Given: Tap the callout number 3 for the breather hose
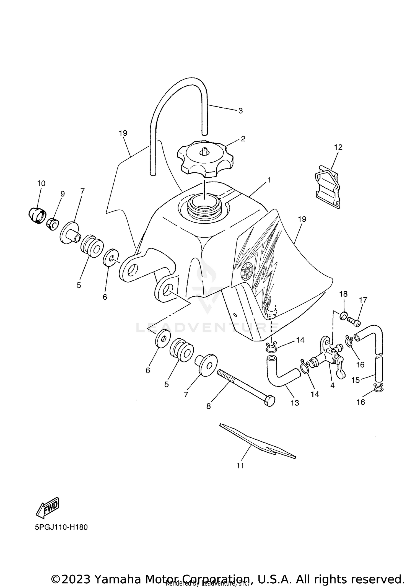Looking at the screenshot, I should [240, 111].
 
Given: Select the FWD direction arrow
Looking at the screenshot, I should [48, 507].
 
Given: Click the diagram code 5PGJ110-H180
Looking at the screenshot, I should [61, 527].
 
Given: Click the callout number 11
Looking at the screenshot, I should [240, 466].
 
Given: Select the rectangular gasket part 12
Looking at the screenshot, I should [328, 186].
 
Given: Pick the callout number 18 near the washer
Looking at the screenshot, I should [343, 294].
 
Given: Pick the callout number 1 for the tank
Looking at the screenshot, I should [269, 180].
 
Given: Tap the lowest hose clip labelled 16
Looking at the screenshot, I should [378, 388].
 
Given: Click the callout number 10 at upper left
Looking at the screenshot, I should [41, 183].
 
